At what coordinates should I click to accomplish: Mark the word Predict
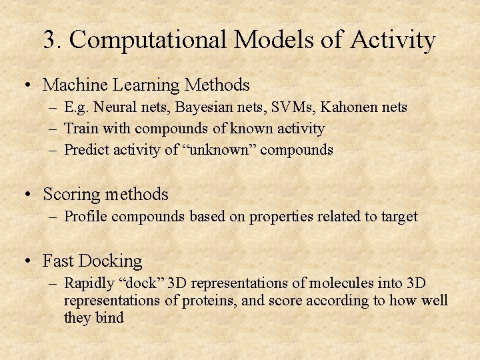pos(85,150)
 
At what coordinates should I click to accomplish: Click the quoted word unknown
pos(219,150)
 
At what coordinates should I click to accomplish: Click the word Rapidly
pos(88,283)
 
